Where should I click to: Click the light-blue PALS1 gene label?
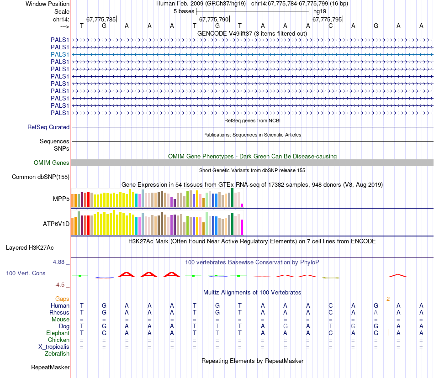[60, 54]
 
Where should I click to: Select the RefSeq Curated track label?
[48, 127]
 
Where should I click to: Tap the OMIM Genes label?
[52, 163]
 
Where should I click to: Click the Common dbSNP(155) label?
[41, 177]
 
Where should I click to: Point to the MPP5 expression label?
[61, 199]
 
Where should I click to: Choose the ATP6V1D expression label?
[56, 224]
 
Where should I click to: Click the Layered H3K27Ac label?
[30, 248]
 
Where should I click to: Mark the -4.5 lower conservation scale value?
[59, 285]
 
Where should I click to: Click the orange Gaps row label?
[62, 299]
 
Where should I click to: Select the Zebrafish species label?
[57, 353]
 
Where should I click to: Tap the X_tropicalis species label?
[54, 346]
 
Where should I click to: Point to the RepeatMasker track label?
[50, 367]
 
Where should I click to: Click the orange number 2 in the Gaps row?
[388, 299]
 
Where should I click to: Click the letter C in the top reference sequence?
[330, 26]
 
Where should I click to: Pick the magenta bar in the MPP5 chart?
[242, 205]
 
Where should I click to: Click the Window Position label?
[48, 4]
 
